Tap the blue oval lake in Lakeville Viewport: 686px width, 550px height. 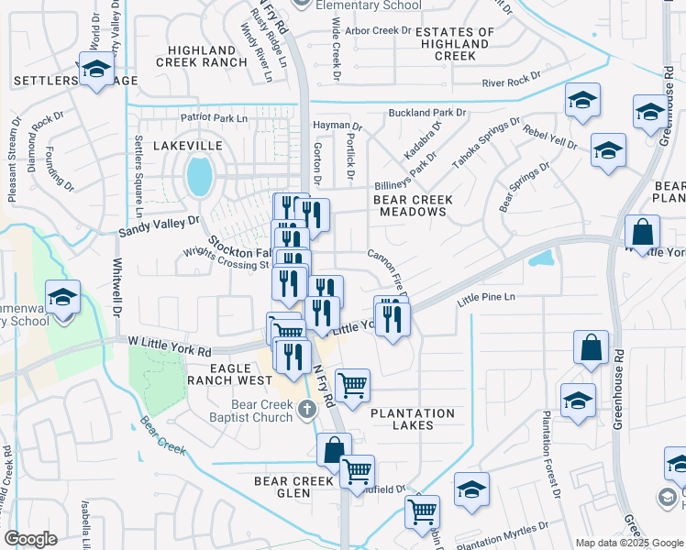click(198, 175)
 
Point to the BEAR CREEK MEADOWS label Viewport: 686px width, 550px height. click(409, 205)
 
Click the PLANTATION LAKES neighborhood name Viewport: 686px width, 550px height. click(413, 413)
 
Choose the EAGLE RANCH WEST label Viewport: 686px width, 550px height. click(229, 371)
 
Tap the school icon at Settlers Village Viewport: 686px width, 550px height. click(95, 70)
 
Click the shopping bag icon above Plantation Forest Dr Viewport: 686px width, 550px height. click(592, 348)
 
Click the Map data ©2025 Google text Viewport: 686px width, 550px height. click(628, 543)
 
